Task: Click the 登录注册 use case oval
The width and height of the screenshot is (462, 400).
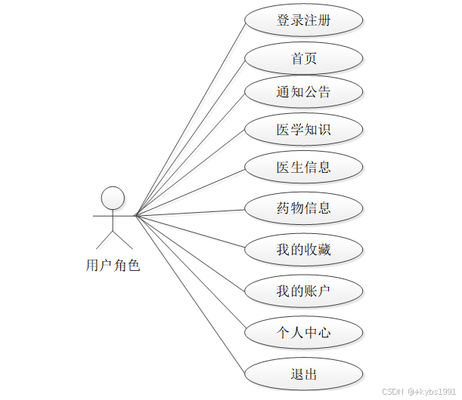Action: tap(304, 20)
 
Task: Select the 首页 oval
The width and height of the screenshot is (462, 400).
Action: tap(304, 59)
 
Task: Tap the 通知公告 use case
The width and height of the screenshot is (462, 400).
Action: tap(304, 92)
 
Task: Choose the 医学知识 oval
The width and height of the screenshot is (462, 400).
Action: tap(304, 129)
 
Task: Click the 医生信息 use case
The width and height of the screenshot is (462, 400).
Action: tap(304, 167)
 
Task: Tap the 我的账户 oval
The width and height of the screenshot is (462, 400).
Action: tap(304, 291)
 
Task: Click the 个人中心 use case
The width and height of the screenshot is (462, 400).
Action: tap(304, 331)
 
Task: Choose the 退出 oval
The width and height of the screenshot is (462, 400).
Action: tap(304, 374)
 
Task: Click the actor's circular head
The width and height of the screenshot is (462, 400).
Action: tap(113, 198)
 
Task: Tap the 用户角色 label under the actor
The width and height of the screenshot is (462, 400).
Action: tap(113, 266)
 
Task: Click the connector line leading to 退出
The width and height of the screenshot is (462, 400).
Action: tap(190, 294)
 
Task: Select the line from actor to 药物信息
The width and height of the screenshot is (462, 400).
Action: tap(190, 212)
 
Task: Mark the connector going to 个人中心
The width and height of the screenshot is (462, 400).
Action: tap(190, 272)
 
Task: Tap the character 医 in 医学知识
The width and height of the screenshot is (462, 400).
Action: tap(284, 129)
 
